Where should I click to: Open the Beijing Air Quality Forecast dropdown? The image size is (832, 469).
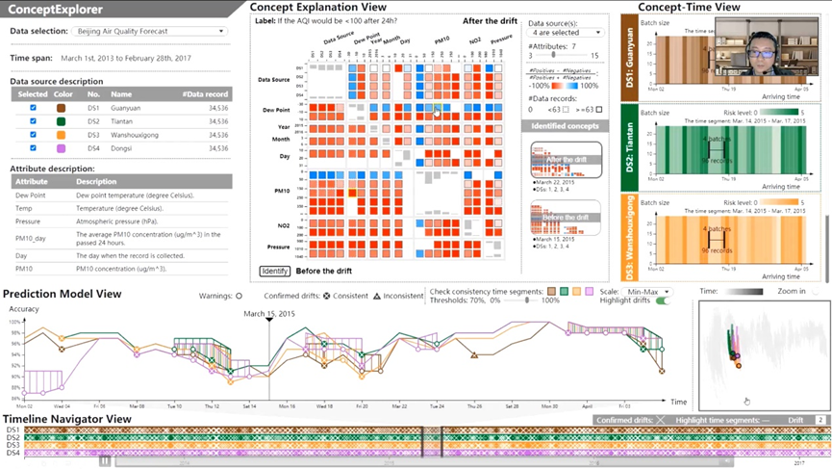point(149,31)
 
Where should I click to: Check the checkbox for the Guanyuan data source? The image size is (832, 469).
point(33,108)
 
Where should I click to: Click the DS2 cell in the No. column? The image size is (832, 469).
point(93,121)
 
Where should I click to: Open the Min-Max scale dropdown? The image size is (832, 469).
point(645,291)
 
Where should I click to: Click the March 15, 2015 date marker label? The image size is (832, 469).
point(268,313)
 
